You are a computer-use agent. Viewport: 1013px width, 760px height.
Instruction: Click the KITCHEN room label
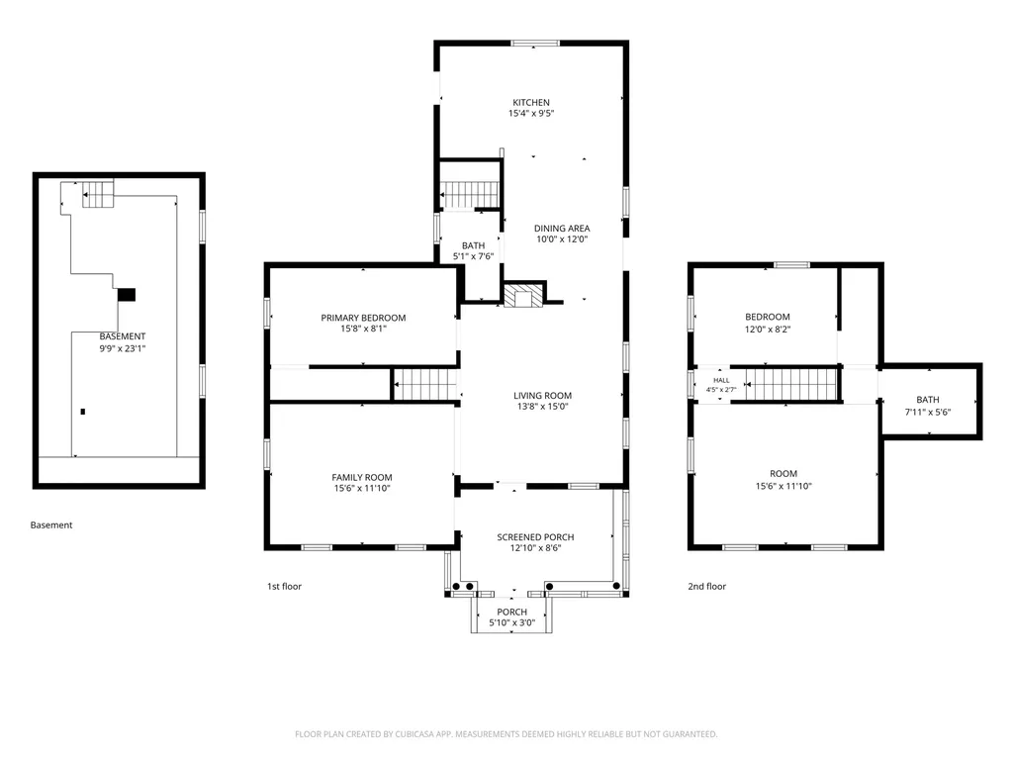coord(531,102)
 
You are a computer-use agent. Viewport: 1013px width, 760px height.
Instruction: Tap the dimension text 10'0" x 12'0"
coord(562,239)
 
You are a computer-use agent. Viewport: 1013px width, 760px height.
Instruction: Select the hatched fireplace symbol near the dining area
coord(518,297)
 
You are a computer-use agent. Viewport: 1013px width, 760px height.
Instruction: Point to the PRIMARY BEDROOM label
coord(363,318)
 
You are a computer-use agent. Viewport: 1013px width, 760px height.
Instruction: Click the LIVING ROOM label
coord(543,396)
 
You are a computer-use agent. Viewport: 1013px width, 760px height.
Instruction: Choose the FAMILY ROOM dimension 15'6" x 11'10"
coord(362,489)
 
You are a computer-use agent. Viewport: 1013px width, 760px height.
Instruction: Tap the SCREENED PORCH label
coord(535,537)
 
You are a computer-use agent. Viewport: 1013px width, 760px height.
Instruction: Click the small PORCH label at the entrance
coord(511,612)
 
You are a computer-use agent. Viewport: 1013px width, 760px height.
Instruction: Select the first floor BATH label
coord(474,245)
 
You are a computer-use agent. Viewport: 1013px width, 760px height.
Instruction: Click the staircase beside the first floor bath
coord(470,194)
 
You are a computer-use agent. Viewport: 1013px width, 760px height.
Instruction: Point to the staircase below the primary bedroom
coord(425,385)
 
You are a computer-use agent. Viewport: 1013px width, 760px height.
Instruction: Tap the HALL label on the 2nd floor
coord(721,381)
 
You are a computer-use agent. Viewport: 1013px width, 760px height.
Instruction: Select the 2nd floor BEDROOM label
coord(768,317)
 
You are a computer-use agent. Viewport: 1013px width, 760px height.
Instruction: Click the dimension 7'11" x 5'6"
coord(928,413)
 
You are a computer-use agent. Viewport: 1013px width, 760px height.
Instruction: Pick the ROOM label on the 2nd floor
coord(783,474)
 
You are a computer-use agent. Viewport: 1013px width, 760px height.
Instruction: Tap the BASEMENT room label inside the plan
coord(122,336)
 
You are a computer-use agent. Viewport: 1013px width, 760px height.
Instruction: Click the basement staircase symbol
coord(98,194)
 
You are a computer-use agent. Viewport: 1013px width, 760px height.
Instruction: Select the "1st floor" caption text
coord(284,586)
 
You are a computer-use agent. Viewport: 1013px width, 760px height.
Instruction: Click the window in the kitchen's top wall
coord(535,44)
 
